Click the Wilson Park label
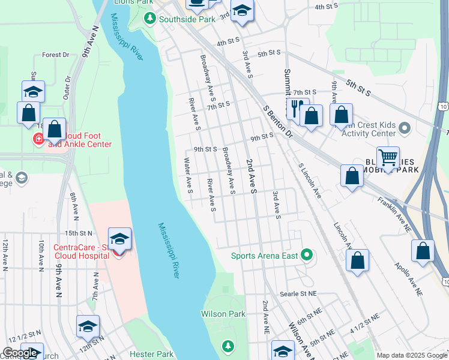[x=223, y=314]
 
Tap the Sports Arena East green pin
[x=307, y=256]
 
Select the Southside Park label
[x=187, y=19]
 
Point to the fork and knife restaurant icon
[x=297, y=108]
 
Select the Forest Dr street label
[x=56, y=55]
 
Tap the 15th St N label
[x=79, y=233]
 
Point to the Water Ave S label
[x=188, y=175]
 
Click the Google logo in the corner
[x=20, y=353]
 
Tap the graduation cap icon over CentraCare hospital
[x=120, y=238]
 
